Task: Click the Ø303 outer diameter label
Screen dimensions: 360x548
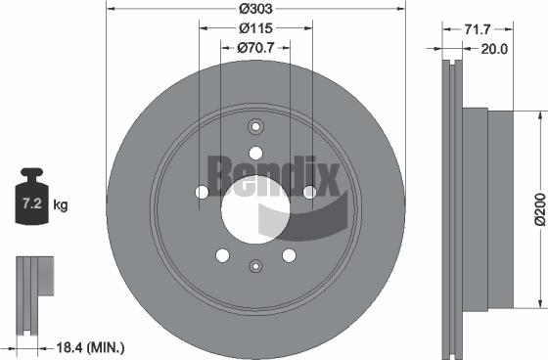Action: click(x=255, y=10)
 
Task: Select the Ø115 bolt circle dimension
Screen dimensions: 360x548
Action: click(x=255, y=29)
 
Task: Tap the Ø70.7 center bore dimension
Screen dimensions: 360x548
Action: click(x=255, y=47)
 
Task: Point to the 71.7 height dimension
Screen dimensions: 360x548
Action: click(x=478, y=29)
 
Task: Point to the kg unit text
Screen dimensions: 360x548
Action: click(x=61, y=205)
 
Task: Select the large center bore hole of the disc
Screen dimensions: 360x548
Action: click(x=255, y=208)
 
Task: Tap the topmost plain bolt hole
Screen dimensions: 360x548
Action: click(x=255, y=153)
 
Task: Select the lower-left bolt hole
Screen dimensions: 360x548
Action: click(x=222, y=255)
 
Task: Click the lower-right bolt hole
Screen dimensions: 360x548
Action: click(x=289, y=255)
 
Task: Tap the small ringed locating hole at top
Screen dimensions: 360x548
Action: click(x=255, y=126)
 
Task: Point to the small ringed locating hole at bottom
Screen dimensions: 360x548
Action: click(x=255, y=265)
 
